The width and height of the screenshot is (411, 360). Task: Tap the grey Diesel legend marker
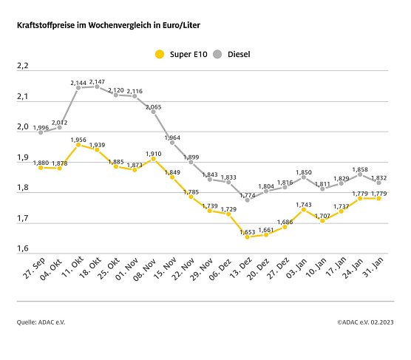click(217, 53)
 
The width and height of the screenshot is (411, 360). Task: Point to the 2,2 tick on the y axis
click(22, 66)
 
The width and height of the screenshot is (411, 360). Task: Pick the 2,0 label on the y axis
click(22, 127)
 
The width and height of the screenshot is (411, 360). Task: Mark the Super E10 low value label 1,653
click(248, 231)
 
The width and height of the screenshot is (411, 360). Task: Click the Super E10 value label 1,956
click(79, 139)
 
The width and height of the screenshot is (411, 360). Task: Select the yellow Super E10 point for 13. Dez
click(248, 237)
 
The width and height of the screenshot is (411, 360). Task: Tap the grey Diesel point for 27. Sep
click(41, 132)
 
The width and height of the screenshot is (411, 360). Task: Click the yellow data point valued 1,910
click(154, 158)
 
